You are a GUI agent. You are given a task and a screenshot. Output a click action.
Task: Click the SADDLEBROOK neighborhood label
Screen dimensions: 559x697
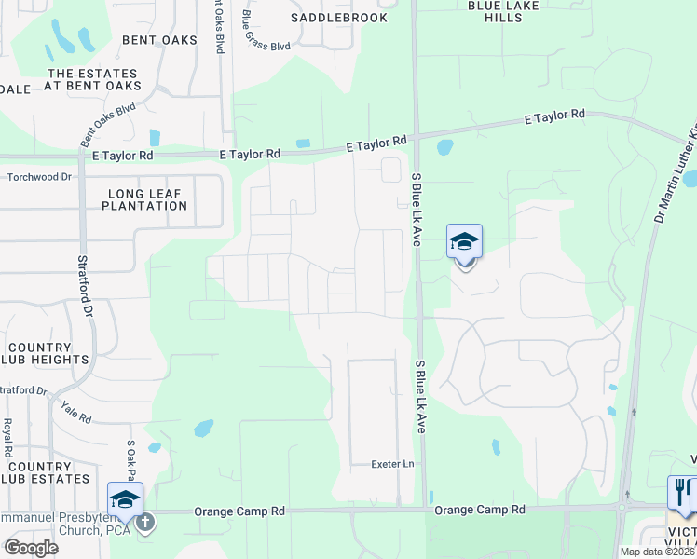tap(325, 18)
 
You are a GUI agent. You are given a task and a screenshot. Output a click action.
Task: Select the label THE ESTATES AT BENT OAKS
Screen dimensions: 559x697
tap(91, 81)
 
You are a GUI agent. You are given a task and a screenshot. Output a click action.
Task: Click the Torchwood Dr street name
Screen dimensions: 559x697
tap(39, 176)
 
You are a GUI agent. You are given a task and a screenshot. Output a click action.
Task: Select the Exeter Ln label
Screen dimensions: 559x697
tap(391, 463)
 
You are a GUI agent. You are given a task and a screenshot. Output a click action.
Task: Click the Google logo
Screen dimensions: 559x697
tap(31, 547)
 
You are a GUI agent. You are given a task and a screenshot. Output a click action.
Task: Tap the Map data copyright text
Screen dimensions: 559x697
tap(656, 552)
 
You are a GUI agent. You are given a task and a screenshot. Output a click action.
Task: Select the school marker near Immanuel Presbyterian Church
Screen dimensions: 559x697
tap(125, 499)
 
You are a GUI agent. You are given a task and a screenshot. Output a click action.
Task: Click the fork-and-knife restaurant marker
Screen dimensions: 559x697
tap(682, 493)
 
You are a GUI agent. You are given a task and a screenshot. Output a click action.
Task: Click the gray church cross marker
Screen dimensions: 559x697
tap(145, 522)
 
